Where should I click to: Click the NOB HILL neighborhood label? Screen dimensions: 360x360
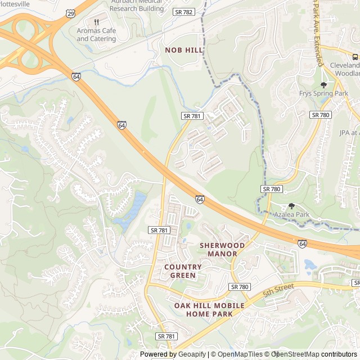pyautogui.click(x=184, y=50)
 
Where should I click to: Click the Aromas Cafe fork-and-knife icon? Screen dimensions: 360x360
pyautogui.click(x=97, y=22)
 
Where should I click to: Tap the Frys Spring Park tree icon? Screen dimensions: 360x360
pyautogui.click(x=323, y=85)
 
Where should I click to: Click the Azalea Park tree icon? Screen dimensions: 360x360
pyautogui.click(x=291, y=206)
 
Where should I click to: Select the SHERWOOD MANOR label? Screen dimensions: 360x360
pyautogui.click(x=222, y=249)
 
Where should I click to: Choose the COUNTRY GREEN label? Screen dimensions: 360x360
pyautogui.click(x=183, y=271)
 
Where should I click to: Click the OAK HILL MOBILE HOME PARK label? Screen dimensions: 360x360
pyautogui.click(x=209, y=309)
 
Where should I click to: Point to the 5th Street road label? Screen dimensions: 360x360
pyautogui.click(x=279, y=290)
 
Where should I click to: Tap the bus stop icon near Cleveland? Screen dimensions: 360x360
pyautogui.click(x=355, y=57)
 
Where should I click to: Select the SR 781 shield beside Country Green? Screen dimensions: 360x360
pyautogui.click(x=159, y=230)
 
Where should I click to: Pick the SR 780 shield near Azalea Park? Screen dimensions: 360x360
pyautogui.click(x=272, y=189)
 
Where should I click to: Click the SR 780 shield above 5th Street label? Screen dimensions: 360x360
pyautogui.click(x=240, y=287)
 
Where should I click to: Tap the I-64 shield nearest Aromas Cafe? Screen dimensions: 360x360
pyautogui.click(x=76, y=76)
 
